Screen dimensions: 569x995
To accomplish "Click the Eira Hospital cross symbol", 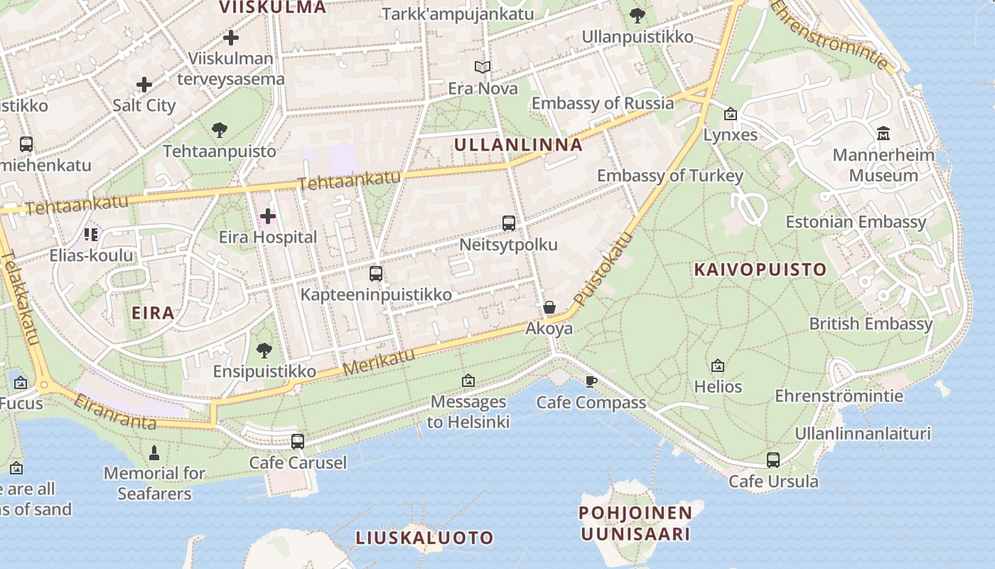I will pyautogui.click(x=268, y=216).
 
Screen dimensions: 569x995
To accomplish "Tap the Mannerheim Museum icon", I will pyautogui.click(x=883, y=133).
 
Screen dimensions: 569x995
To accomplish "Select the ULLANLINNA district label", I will pyautogui.click(x=518, y=145).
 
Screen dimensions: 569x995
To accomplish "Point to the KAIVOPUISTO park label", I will pyautogui.click(x=760, y=270).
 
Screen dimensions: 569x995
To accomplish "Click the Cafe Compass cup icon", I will pyautogui.click(x=591, y=382).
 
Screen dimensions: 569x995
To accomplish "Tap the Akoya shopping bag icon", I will pyautogui.click(x=549, y=307).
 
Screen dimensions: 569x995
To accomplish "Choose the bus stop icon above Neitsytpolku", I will pyautogui.click(x=509, y=223).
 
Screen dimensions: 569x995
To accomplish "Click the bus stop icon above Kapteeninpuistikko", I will pyautogui.click(x=376, y=274).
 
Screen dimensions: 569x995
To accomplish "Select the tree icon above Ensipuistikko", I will pyautogui.click(x=264, y=350).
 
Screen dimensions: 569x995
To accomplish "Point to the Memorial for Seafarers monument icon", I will pyautogui.click(x=154, y=452).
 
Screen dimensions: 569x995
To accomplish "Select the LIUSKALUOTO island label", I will pyautogui.click(x=424, y=538).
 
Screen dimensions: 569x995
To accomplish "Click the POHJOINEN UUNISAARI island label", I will pyautogui.click(x=635, y=523).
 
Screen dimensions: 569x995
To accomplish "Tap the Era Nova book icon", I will pyautogui.click(x=483, y=68).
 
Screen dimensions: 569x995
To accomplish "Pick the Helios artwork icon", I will pyautogui.click(x=718, y=366).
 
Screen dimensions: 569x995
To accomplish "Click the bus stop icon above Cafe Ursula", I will pyautogui.click(x=773, y=460).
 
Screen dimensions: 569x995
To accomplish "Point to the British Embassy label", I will pyautogui.click(x=871, y=324).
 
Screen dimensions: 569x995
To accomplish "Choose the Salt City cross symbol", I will pyautogui.click(x=144, y=85).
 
